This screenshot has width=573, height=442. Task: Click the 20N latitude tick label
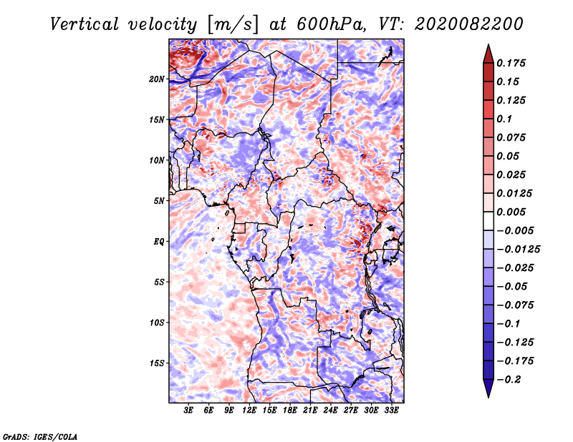click(157, 79)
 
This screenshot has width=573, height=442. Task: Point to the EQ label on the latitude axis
click(158, 242)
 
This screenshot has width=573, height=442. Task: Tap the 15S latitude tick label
click(157, 363)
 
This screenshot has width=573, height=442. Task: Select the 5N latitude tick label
click(158, 201)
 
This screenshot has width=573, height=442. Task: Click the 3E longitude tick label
click(189, 411)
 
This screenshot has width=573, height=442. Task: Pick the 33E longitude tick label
click(391, 411)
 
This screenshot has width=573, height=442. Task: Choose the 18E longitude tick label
click(290, 411)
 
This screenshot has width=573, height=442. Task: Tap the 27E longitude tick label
click(351, 411)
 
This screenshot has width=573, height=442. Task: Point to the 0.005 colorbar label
click(513, 212)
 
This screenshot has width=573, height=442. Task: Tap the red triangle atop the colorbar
click(487, 53)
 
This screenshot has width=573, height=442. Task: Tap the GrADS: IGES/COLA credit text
click(39, 436)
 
